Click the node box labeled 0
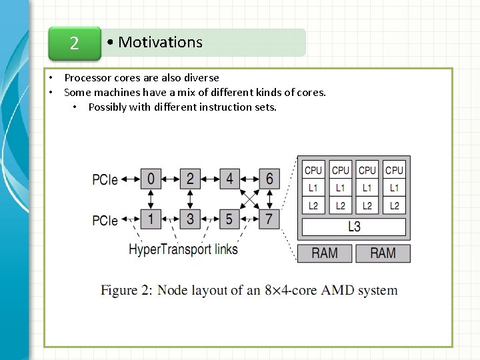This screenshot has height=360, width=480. (151, 179)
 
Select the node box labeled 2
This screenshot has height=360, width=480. (190, 179)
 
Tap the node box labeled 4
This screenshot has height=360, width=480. (230, 179)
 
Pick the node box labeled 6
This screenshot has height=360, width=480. (269, 179)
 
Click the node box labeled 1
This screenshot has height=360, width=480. (151, 219)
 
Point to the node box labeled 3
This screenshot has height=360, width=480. (190, 219)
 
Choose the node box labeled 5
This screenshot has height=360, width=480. (230, 219)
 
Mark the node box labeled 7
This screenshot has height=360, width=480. (269, 219)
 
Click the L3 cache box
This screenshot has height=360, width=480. (354, 227)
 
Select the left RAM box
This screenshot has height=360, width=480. (325, 253)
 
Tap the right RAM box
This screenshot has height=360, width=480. (383, 253)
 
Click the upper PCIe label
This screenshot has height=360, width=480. (105, 179)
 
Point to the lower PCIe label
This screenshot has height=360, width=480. (105, 220)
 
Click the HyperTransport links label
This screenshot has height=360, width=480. (183, 250)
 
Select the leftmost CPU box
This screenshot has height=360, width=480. (313, 171)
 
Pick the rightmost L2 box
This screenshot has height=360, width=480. (395, 206)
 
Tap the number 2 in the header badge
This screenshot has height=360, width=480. (75, 44)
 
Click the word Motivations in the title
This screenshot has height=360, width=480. (160, 43)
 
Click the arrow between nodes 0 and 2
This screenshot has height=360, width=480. (171, 179)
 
